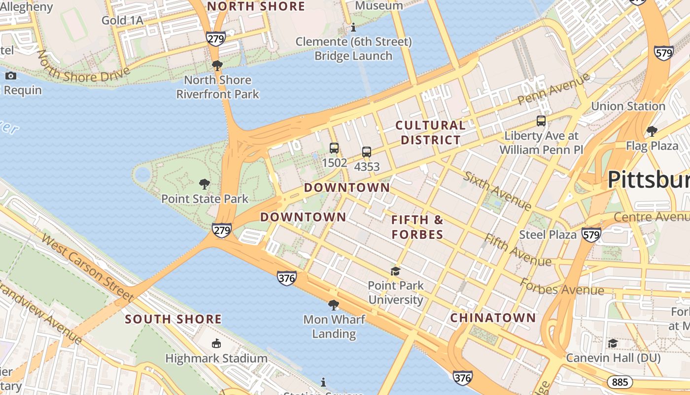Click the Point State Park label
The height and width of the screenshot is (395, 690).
click(205, 199)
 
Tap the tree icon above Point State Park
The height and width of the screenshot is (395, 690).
click(205, 185)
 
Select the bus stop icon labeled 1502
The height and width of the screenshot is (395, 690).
click(334, 148)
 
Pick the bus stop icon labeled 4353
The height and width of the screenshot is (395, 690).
click(367, 152)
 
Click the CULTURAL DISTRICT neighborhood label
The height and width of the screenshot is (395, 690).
click(430, 133)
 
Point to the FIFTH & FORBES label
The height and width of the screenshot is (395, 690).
click(417, 227)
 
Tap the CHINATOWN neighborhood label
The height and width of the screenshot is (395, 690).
click(493, 317)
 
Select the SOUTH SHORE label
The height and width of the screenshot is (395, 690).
click(173, 319)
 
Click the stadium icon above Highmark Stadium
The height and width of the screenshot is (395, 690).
click(216, 343)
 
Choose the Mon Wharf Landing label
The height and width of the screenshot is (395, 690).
click(334, 326)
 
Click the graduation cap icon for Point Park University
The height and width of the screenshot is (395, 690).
click(395, 271)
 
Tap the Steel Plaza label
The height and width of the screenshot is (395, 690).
click(548, 235)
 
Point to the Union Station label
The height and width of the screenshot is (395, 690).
click(628, 106)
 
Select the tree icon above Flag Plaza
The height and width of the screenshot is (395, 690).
click(652, 131)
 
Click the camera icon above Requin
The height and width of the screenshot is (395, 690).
click(11, 76)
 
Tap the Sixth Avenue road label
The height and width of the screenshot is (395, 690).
click(497, 191)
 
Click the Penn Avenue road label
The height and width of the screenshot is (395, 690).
click(553, 89)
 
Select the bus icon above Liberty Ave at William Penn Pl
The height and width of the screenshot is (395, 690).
click(541, 121)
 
